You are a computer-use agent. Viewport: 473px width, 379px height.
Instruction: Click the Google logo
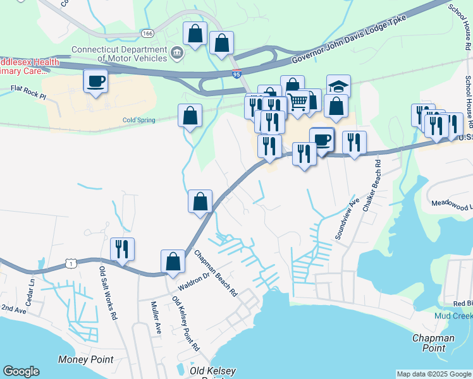[x=21, y=371]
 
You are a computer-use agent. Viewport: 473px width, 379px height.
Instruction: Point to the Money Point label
[x=85, y=360]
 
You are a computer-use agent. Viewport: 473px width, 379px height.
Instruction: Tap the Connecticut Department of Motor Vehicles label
[x=119, y=53]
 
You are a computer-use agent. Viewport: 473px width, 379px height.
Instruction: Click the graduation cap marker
[x=338, y=85]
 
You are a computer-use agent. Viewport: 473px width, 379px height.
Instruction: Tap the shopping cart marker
[x=297, y=100]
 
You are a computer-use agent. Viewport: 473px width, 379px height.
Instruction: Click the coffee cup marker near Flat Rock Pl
[x=95, y=81]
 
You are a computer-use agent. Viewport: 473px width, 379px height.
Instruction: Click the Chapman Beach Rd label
[x=216, y=274]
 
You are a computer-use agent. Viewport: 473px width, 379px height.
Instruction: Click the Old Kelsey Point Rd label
[x=186, y=327]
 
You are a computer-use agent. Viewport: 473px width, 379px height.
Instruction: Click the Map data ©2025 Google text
[x=434, y=374]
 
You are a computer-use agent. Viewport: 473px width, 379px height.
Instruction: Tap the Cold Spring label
[x=138, y=120]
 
